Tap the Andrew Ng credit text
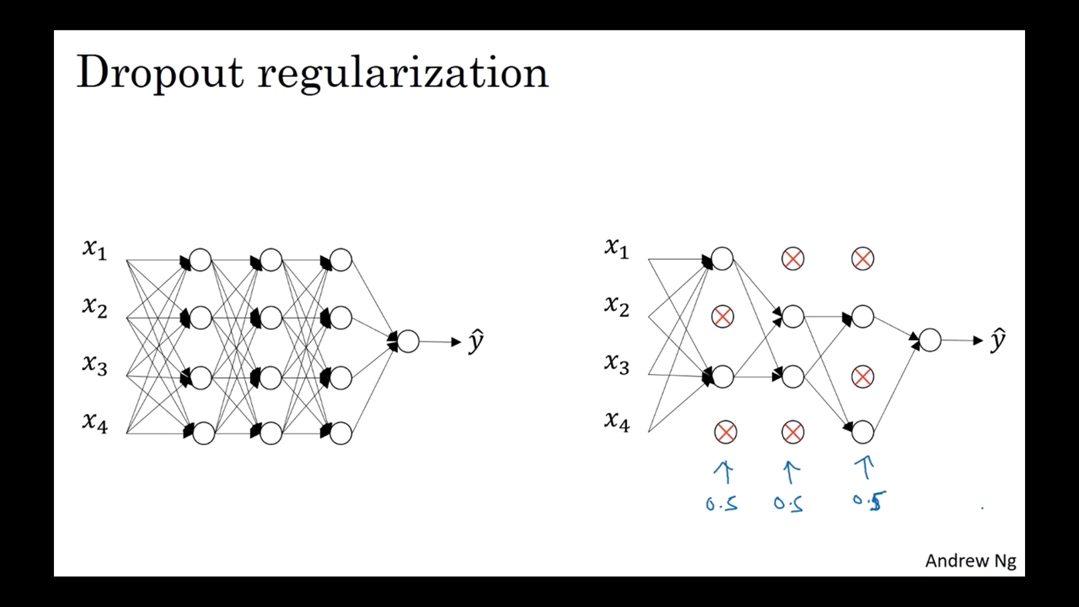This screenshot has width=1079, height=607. point(971,561)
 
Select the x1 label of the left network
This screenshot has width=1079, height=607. point(94,248)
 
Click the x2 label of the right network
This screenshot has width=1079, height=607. point(616,306)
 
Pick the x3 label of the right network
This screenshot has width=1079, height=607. point(616,364)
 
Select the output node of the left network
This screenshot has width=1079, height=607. point(408,341)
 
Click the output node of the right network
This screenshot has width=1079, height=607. point(930,341)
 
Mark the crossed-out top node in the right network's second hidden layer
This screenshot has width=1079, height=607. point(792,259)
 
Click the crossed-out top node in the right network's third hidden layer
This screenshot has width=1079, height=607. point(863,259)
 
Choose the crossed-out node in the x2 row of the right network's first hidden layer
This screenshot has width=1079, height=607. point(723,316)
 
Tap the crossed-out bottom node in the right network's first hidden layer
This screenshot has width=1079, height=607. point(726,432)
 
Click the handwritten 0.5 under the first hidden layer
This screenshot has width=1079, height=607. point(722,504)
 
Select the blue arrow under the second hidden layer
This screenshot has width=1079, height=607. point(791,472)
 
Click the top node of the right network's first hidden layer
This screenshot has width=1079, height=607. point(723,259)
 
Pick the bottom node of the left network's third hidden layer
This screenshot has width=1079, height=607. point(341,433)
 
